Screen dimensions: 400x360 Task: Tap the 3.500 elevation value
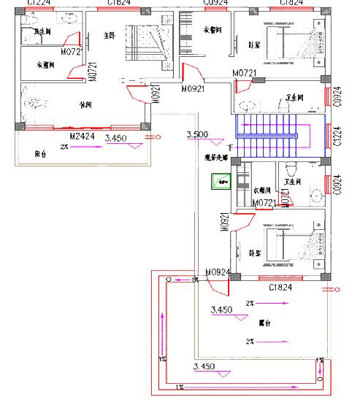[x=198, y=135]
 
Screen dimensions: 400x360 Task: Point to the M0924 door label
[x=218, y=274]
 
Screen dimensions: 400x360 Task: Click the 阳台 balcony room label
[x=42, y=154]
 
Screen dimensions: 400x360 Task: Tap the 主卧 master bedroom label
[x=110, y=36]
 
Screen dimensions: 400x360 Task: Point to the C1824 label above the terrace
[x=280, y=288]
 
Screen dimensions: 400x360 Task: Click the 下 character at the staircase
[x=230, y=148]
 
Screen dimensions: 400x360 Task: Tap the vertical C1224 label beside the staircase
[x=337, y=136]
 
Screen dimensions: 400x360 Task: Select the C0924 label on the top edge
[x=213, y=4]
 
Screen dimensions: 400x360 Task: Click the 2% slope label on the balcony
[x=64, y=147]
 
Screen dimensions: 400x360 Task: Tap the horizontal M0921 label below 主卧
[x=193, y=88]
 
